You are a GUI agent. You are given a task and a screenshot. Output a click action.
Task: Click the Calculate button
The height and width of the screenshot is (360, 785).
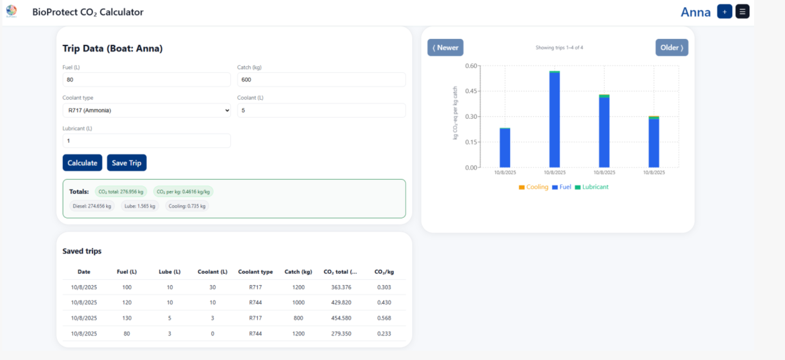82,163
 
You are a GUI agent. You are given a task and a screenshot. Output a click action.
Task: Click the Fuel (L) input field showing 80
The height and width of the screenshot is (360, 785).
146,79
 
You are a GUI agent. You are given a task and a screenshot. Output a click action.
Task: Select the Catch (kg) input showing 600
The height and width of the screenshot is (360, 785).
321,79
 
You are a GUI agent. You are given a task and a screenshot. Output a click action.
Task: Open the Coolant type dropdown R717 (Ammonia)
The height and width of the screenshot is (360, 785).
146,110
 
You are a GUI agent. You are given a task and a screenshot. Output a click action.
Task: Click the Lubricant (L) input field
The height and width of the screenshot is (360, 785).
146,141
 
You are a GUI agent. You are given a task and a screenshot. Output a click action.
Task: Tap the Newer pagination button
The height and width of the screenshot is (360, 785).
445,48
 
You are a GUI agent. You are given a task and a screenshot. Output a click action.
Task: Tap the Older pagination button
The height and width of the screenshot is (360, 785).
672,48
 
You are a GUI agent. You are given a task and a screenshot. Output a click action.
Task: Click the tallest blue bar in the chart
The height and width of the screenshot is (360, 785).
554,120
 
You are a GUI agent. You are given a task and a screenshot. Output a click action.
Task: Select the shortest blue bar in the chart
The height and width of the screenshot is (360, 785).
505,148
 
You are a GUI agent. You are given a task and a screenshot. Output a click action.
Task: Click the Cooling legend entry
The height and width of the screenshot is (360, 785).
533,187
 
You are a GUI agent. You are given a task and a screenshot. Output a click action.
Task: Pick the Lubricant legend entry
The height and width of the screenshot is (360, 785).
591,187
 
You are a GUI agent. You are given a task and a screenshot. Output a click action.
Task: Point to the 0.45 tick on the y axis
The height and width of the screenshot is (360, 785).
471,91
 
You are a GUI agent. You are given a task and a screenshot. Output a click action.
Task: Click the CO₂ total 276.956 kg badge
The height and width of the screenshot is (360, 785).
121,192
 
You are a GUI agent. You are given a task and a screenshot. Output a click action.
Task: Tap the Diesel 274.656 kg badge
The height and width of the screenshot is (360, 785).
92,206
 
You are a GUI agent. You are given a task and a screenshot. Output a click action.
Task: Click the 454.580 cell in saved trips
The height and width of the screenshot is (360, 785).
341,318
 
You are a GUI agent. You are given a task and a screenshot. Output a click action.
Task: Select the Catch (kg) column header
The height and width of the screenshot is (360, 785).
298,272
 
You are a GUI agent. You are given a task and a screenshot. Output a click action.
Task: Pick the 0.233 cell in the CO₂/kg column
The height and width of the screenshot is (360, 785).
384,333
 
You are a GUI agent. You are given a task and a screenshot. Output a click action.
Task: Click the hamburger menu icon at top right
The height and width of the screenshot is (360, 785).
742,12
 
